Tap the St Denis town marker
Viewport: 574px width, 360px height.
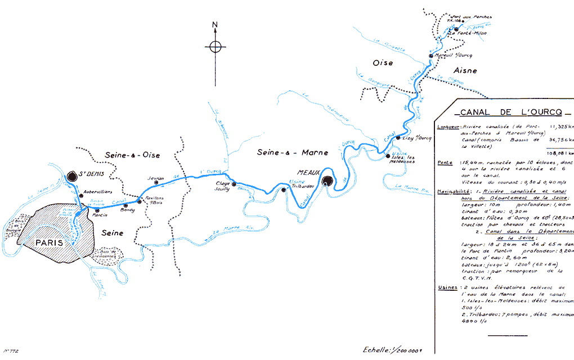coord(71,177)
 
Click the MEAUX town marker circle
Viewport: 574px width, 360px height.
coord(328,181)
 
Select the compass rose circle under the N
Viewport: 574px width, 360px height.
coord(215,47)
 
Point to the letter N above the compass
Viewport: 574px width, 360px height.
coord(215,25)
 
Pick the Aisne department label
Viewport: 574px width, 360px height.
coord(464,71)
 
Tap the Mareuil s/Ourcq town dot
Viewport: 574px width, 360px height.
coord(431,56)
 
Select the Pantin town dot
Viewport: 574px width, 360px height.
coord(97,210)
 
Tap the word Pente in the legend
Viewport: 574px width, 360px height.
coord(445,163)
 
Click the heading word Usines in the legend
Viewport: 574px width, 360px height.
coord(447,288)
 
